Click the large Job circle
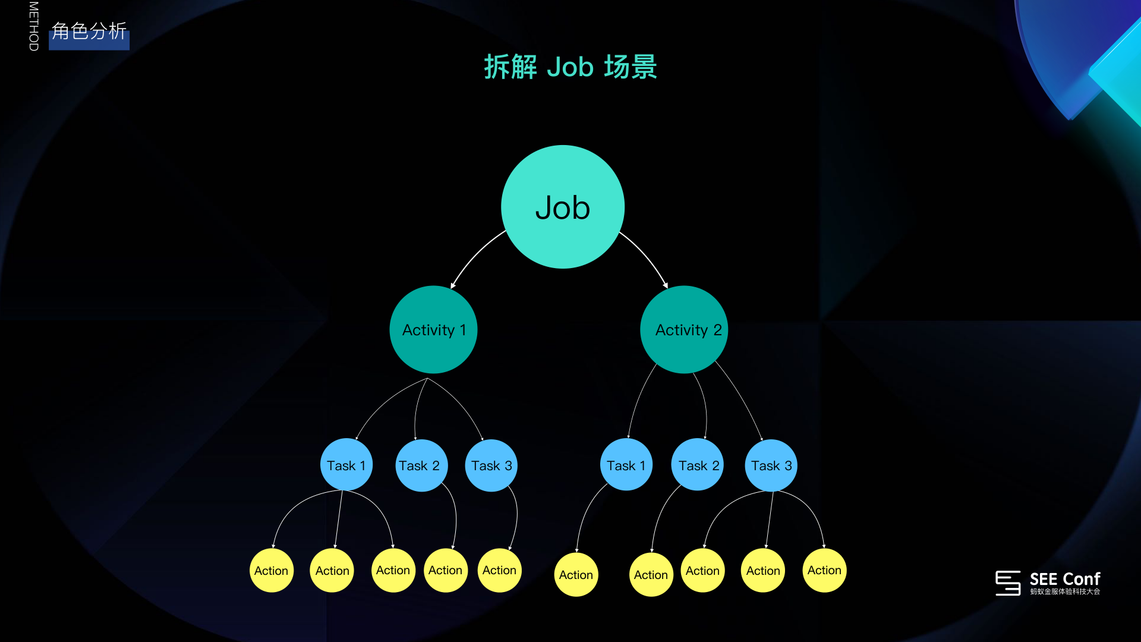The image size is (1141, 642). [x=563, y=207]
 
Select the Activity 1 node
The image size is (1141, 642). [x=433, y=329]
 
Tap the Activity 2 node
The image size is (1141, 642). [x=684, y=329]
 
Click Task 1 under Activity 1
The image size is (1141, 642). [x=346, y=465]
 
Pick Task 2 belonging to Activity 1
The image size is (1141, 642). [x=421, y=465]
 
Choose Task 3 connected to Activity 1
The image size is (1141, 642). [x=491, y=465]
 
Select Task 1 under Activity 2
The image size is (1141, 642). [x=626, y=465]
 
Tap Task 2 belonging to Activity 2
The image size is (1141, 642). [x=698, y=465]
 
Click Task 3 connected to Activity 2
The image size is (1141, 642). [x=771, y=465]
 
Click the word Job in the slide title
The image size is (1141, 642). [x=570, y=67]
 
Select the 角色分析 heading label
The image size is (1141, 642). [x=89, y=32]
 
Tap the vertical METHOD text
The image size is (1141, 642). [x=34, y=26]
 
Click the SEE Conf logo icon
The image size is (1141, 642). [x=1008, y=583]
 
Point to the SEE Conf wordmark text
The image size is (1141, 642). [x=1064, y=579]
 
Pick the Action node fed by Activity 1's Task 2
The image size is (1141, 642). [x=445, y=570]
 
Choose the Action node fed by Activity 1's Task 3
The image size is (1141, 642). [x=499, y=570]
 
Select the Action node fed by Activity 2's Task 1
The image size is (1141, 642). [x=576, y=575]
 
